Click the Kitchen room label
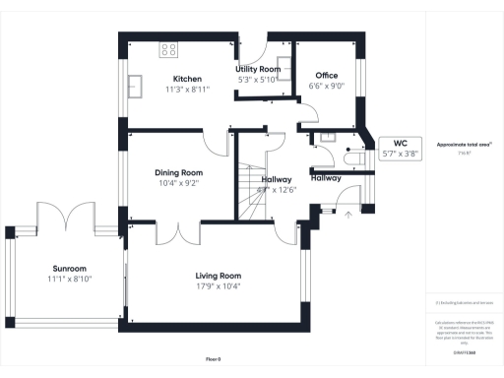coord(187,78)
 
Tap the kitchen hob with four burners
coord(169,48)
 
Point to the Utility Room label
coord(258,69)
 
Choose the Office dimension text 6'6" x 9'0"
coord(326,87)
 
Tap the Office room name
coord(327,75)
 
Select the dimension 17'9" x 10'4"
coord(218,286)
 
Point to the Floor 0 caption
coord(214,358)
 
